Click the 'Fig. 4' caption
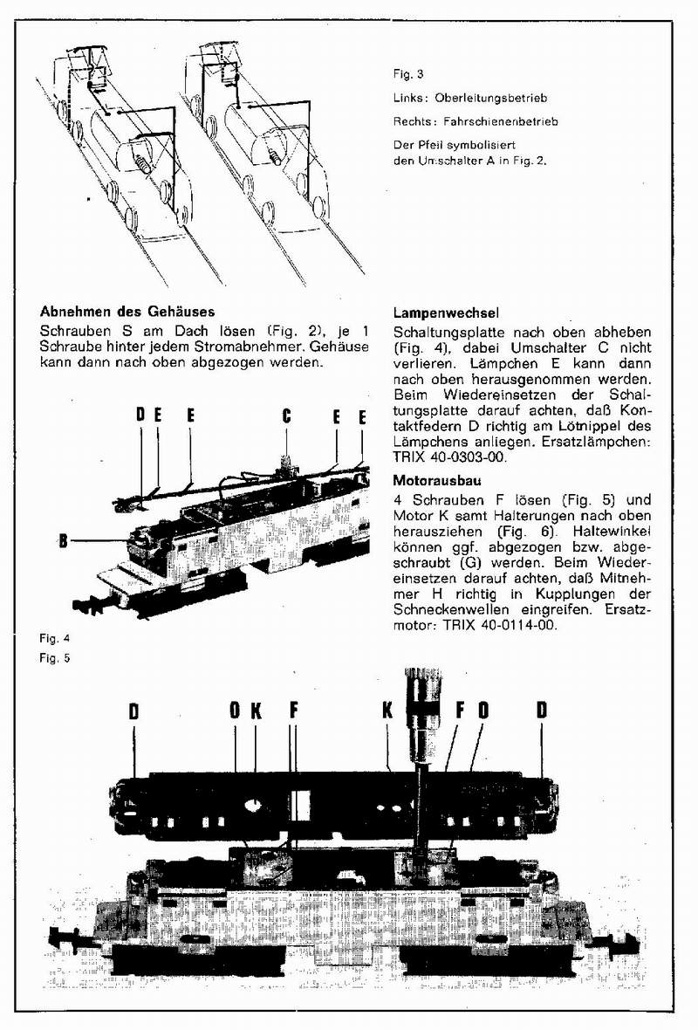pos(54,639)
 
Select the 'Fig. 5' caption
pos(54,657)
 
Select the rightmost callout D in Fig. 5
pos(542,711)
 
